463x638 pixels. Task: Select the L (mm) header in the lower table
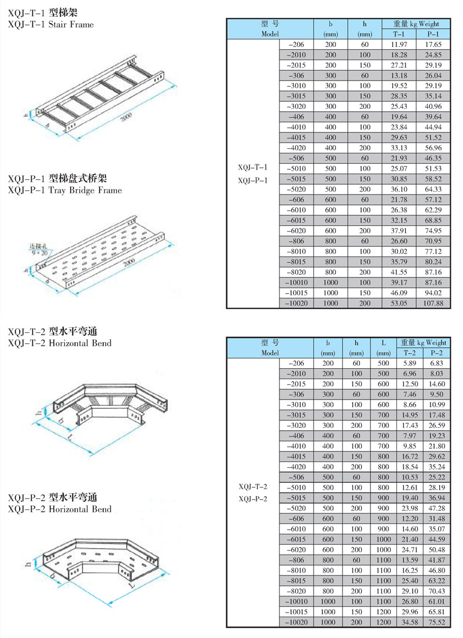pyautogui.click(x=383, y=347)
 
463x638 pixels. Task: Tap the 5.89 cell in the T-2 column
pyautogui.click(x=409, y=362)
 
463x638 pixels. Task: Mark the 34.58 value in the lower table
pyautogui.click(x=409, y=622)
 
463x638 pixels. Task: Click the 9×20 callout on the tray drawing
pyautogui.click(x=39, y=253)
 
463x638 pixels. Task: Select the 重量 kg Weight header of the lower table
pyautogui.click(x=424, y=343)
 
